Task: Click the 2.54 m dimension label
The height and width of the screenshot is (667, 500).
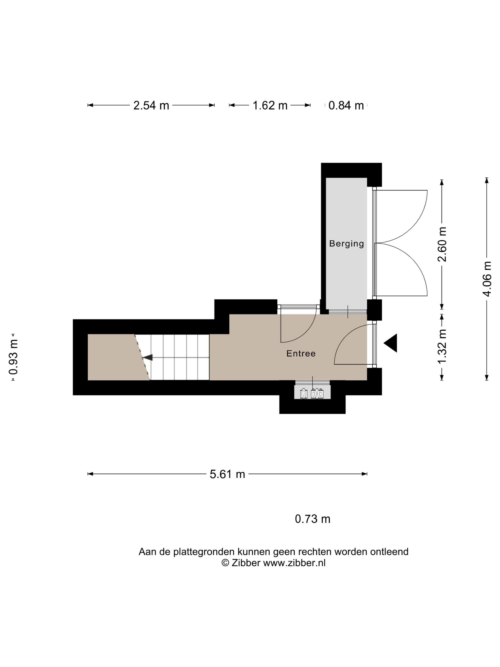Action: pyautogui.click(x=151, y=106)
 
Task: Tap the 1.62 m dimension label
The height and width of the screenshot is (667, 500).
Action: pyautogui.click(x=270, y=106)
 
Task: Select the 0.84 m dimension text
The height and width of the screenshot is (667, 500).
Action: pyautogui.click(x=346, y=106)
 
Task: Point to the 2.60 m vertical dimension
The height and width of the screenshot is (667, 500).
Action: pyautogui.click(x=442, y=244)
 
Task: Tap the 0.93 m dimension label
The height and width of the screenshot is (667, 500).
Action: pyautogui.click(x=13, y=357)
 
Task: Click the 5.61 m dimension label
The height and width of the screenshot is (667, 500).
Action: pyautogui.click(x=227, y=474)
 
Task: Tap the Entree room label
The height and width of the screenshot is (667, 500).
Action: pyautogui.click(x=301, y=354)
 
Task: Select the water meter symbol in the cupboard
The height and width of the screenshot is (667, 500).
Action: pyautogui.click(x=304, y=394)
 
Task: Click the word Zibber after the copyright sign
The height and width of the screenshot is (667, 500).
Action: pyautogui.click(x=246, y=563)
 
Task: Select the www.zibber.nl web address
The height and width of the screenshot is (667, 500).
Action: pyautogui.click(x=295, y=563)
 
